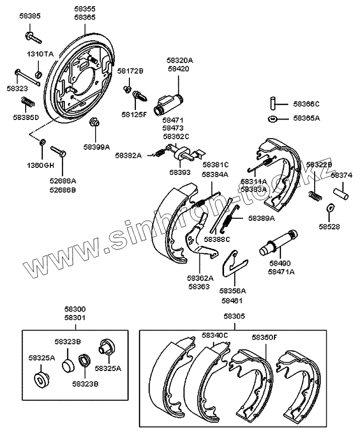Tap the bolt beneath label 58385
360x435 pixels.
(x=31, y=36)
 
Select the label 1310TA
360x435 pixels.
(x=40, y=54)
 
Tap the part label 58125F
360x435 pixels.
(x=133, y=114)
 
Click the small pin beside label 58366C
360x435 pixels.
(x=272, y=104)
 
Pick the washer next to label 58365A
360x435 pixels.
(x=272, y=118)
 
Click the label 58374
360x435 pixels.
(x=341, y=175)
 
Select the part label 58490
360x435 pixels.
(x=279, y=263)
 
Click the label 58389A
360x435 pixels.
(x=261, y=218)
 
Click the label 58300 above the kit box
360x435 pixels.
(x=75, y=309)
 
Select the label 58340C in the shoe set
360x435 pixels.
(x=215, y=335)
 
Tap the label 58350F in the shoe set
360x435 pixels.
(x=264, y=338)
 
